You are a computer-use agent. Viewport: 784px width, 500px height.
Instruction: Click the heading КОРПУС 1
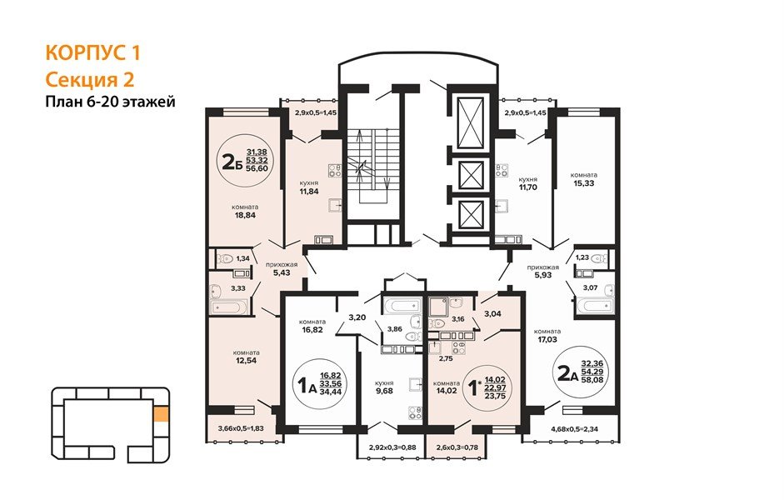click(x=93, y=52)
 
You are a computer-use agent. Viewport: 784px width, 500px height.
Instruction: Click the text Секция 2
click(x=90, y=79)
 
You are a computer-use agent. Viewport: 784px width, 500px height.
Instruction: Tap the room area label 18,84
click(x=245, y=216)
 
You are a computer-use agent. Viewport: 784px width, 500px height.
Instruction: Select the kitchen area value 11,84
click(x=308, y=191)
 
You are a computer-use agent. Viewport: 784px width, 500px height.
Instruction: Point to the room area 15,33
click(x=584, y=183)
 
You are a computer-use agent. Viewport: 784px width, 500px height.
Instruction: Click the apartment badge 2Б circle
click(x=243, y=161)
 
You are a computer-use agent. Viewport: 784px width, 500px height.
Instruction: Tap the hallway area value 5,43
click(x=282, y=273)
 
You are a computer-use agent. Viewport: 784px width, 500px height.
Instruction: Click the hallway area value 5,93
click(x=542, y=274)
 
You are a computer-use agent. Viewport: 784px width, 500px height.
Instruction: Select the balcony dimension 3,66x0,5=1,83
click(x=241, y=428)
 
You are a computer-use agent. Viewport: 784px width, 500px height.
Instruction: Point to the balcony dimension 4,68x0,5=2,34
click(x=573, y=428)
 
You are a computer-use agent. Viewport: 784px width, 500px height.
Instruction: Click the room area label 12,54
click(x=246, y=360)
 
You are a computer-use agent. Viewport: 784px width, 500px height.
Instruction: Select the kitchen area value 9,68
click(x=384, y=391)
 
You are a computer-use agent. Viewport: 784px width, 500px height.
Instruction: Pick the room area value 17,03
click(x=547, y=339)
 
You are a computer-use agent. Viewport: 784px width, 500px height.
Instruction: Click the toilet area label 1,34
click(x=243, y=258)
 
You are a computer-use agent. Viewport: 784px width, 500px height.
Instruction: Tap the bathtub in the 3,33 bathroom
click(x=229, y=307)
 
